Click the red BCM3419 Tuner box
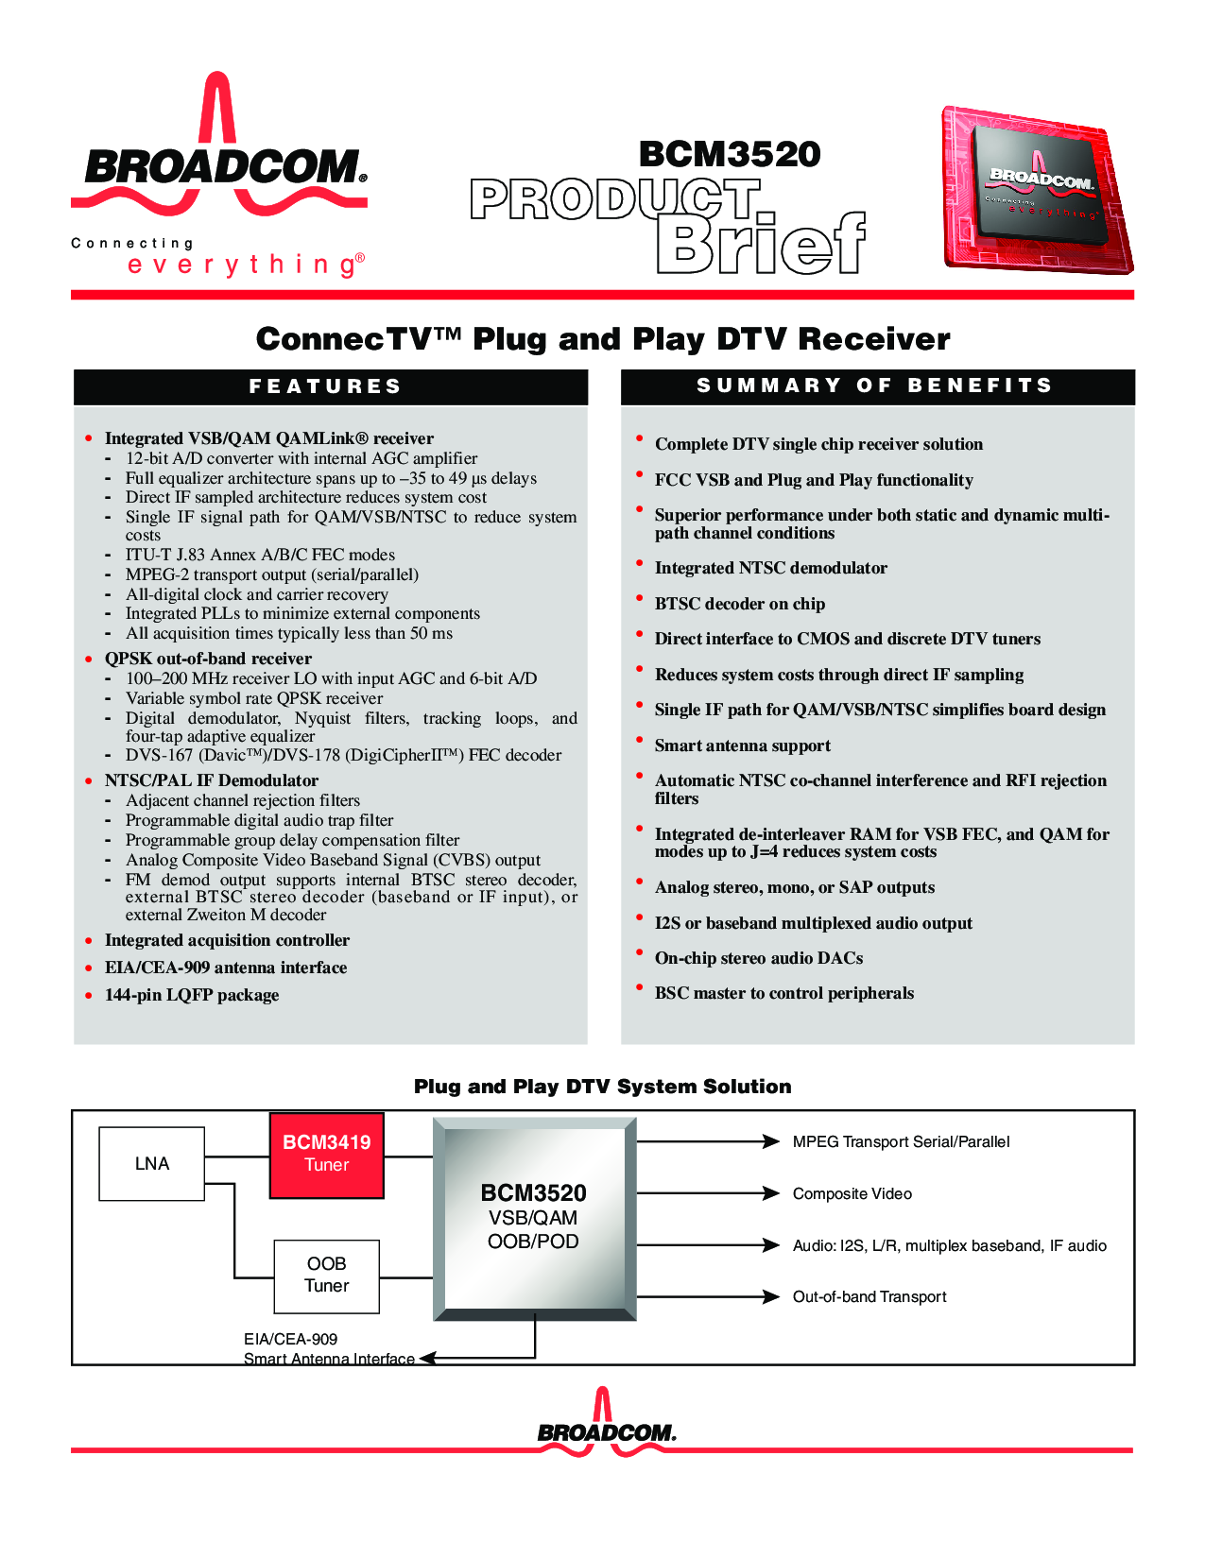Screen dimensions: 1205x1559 [327, 1156]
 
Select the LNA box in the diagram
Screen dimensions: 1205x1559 [151, 1163]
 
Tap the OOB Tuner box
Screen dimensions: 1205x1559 [327, 1276]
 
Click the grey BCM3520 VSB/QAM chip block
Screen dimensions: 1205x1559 [535, 1219]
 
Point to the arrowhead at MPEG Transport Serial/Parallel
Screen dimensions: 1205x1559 [771, 1141]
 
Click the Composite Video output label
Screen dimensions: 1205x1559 [852, 1194]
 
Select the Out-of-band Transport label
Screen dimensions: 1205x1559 [869, 1296]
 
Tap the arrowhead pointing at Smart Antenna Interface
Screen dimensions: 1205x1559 [428, 1358]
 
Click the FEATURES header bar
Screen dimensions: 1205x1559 [331, 387]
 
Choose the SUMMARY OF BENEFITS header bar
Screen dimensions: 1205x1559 [878, 387]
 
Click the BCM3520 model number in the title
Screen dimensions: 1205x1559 [730, 154]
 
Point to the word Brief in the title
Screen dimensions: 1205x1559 [761, 243]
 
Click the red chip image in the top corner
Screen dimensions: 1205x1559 [1038, 190]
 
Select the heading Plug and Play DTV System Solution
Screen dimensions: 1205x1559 [603, 1087]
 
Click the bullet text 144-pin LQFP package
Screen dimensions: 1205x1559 [192, 995]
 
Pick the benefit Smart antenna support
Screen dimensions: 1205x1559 [742, 745]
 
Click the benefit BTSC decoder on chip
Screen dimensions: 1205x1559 [740, 604]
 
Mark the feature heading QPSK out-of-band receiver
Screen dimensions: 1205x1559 [208, 659]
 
